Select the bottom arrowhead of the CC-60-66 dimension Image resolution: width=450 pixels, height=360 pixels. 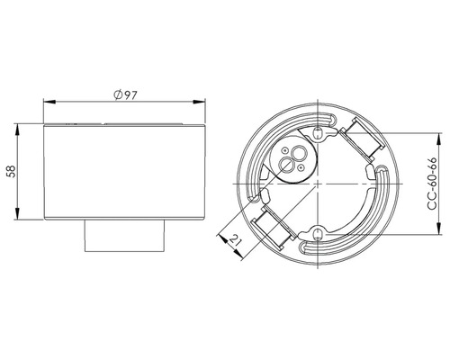point(438,231)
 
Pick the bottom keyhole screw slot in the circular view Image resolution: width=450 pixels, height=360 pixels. point(318,236)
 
